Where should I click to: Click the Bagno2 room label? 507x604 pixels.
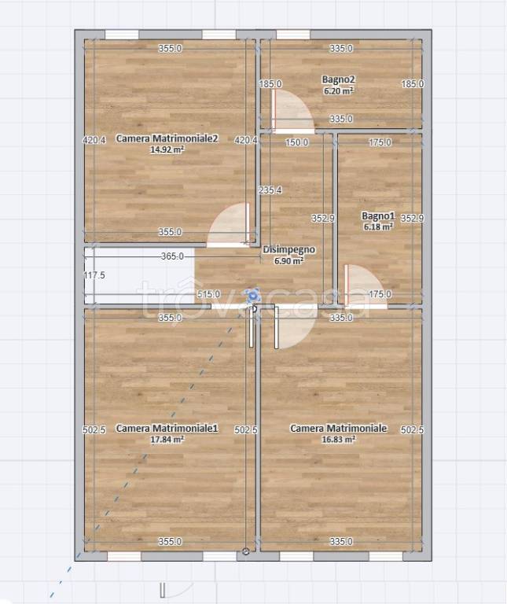(x=338, y=79)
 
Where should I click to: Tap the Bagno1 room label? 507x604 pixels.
(x=378, y=215)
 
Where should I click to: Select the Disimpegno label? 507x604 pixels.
(x=288, y=249)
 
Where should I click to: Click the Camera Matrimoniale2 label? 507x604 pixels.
(x=167, y=138)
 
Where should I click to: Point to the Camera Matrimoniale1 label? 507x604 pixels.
(x=167, y=428)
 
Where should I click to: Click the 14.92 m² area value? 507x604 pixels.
(x=167, y=149)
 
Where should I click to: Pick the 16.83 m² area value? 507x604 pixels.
(x=338, y=439)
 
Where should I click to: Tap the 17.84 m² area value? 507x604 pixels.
(x=167, y=439)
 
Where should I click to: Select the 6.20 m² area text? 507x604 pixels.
(x=338, y=91)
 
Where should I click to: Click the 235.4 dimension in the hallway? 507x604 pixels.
(x=270, y=190)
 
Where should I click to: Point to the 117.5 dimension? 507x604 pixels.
(x=94, y=275)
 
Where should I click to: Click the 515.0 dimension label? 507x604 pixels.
(x=208, y=294)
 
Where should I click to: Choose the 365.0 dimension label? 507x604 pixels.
(x=172, y=256)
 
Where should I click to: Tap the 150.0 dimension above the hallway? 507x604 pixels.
(x=297, y=142)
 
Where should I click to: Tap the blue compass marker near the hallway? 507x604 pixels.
(x=252, y=296)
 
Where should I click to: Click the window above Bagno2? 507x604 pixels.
(x=293, y=35)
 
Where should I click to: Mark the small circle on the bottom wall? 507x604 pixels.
(x=246, y=551)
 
